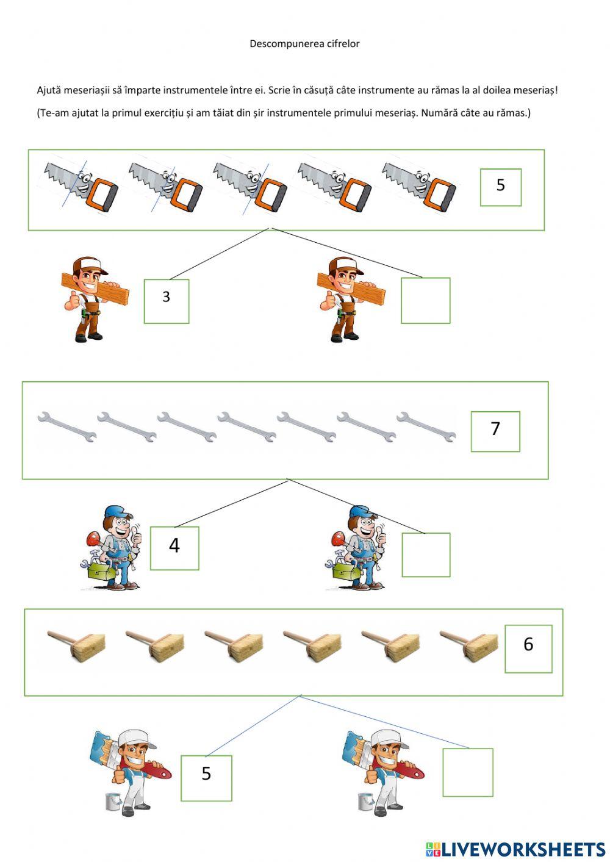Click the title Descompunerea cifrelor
(x=304, y=43)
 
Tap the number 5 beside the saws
(x=500, y=185)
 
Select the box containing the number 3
(x=167, y=301)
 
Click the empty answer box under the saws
(x=425, y=301)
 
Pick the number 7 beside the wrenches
(x=495, y=428)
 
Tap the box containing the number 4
(x=174, y=548)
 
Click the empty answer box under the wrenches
(x=426, y=555)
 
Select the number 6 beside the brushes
(x=528, y=644)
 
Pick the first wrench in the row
(x=66, y=427)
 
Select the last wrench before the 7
(x=426, y=427)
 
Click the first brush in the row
(x=77, y=646)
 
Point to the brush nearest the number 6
(x=468, y=646)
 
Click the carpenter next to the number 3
(x=93, y=299)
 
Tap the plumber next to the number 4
(x=111, y=547)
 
